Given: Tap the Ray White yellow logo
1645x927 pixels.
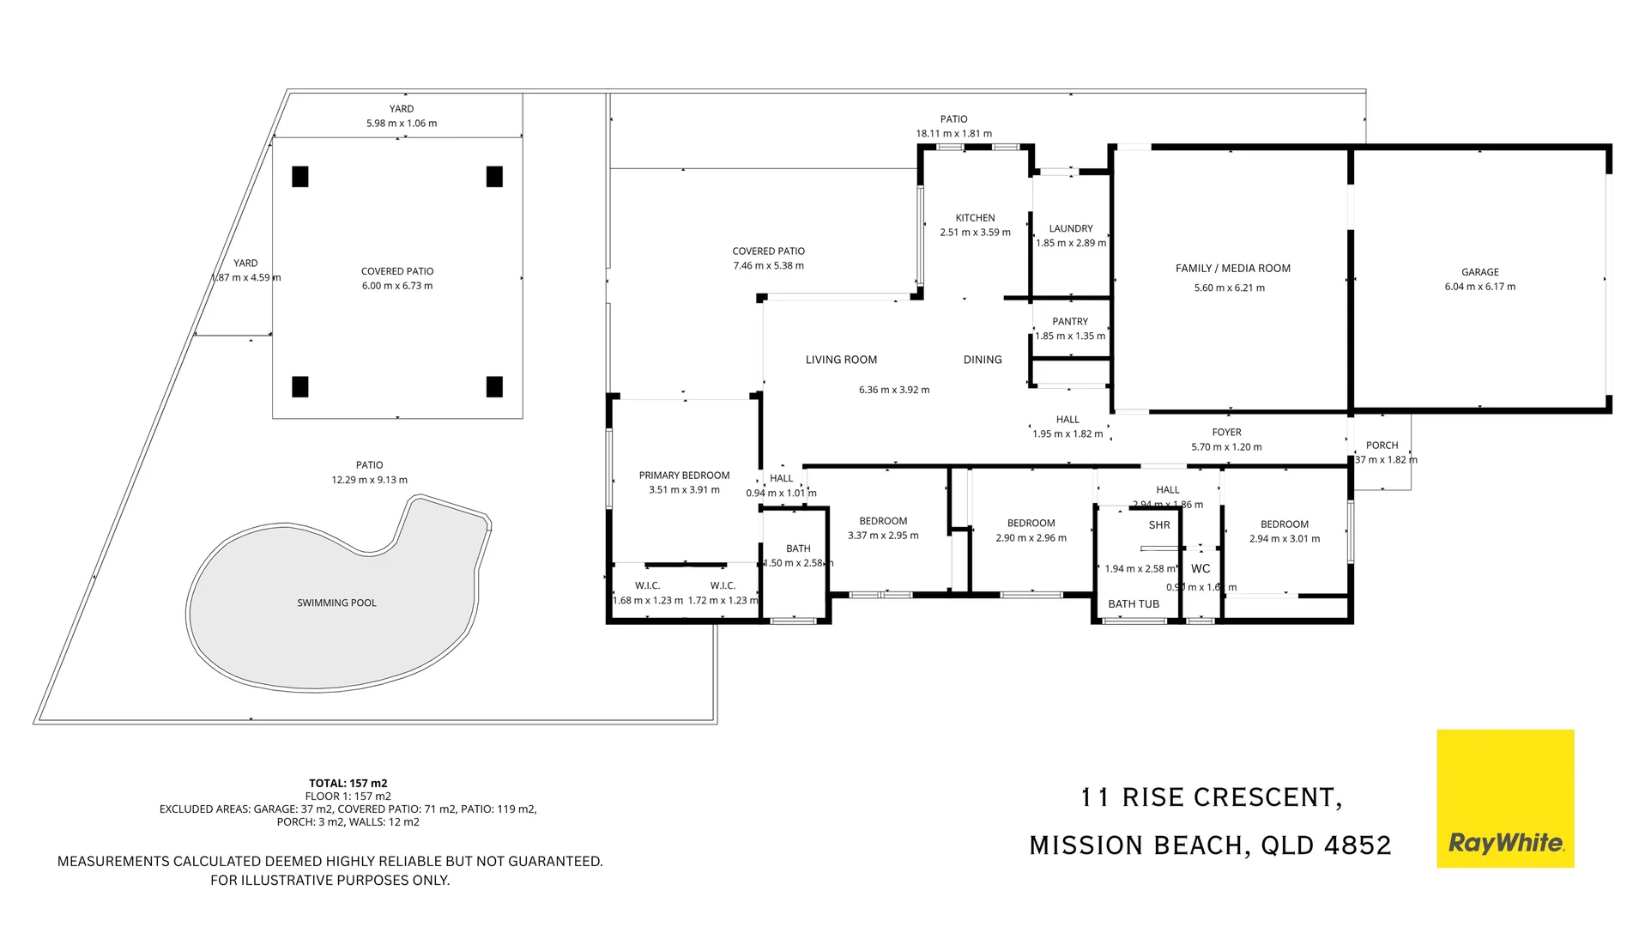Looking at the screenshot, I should [1504, 798].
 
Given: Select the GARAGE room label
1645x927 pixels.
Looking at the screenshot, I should [1479, 272].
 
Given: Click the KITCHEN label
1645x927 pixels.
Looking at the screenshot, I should [975, 218].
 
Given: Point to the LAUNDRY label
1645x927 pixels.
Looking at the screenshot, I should [1070, 228].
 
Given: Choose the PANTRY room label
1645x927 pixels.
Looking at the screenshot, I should [1069, 321].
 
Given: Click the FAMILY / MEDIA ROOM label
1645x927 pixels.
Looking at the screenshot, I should [1232, 269].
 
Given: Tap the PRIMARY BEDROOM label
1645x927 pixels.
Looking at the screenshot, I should [684, 475].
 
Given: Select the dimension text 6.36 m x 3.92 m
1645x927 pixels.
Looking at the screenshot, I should [893, 390].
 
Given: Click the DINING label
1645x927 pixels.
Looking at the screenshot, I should [982, 360].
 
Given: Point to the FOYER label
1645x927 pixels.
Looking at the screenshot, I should [1226, 432].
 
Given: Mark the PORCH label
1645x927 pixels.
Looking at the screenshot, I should [1382, 445].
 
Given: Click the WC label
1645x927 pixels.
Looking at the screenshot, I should [1200, 568].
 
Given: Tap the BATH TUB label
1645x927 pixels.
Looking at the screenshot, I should [1133, 603].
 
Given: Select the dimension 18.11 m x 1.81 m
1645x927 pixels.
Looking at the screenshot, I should [953, 133].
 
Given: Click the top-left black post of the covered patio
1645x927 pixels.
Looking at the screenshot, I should [299, 176].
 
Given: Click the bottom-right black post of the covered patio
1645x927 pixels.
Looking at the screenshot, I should [494, 386].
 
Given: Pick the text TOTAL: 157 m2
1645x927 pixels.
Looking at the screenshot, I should [348, 783].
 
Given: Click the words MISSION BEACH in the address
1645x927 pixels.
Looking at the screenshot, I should [1138, 845].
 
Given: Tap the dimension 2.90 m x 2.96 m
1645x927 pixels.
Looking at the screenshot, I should [1031, 538].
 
